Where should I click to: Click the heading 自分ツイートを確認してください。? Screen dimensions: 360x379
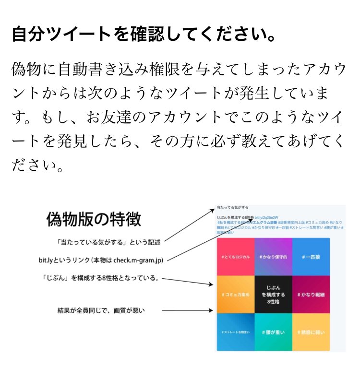click(144, 34)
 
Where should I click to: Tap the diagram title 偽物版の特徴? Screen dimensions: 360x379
click(94, 219)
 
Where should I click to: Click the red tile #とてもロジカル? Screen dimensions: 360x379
click(235, 257)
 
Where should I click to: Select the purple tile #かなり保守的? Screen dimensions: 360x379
click(273, 257)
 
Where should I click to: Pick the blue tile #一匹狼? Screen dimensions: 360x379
click(311, 257)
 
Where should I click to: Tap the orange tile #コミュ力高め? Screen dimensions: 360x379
click(235, 294)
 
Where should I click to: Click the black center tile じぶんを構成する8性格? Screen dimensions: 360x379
click(273, 294)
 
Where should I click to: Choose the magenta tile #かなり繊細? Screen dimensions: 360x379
click(311, 294)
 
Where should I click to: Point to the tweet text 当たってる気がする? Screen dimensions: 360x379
click(232, 207)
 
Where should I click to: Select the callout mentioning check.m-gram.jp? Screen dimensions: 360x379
click(101, 261)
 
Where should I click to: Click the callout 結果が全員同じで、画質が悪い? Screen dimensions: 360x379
click(101, 311)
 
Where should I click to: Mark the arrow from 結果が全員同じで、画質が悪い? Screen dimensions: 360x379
click(187, 311)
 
